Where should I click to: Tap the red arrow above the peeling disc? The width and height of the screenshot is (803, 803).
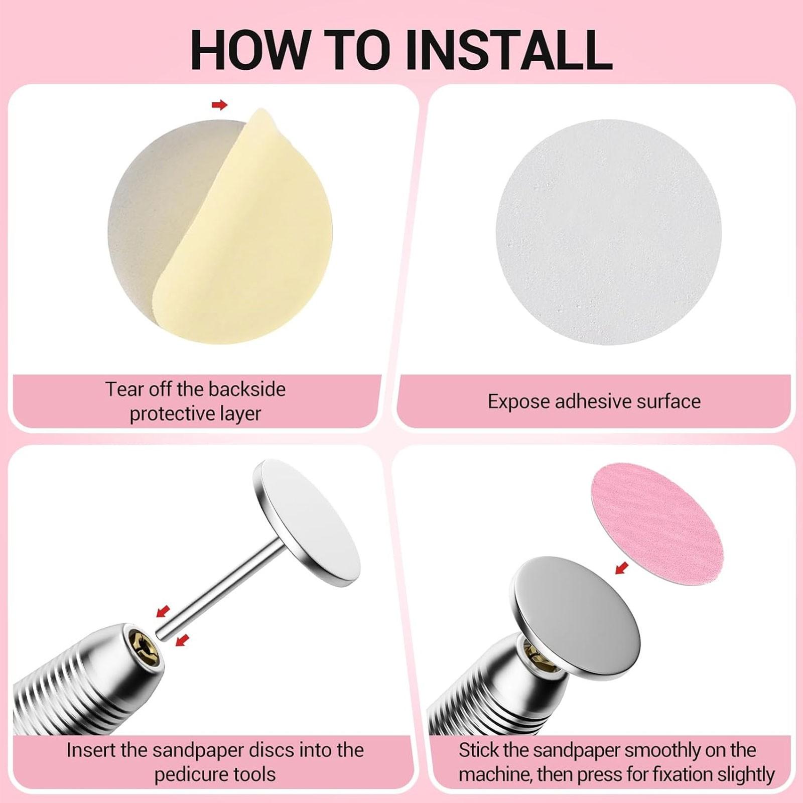(219, 105)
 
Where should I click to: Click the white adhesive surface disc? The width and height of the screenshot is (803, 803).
(608, 232)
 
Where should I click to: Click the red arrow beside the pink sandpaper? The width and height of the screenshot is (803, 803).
(622, 568)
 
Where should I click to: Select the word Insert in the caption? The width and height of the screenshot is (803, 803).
(92, 750)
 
